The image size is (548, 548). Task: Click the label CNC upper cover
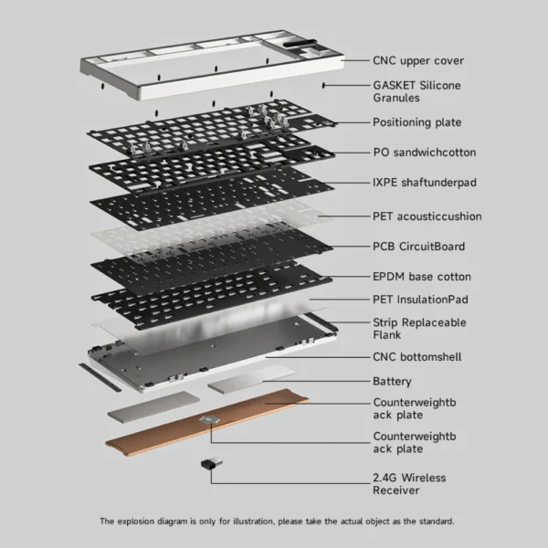tap(418, 61)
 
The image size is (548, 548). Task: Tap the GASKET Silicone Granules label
tap(416, 91)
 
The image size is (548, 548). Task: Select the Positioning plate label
tap(417, 122)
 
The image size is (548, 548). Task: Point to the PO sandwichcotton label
tap(425, 153)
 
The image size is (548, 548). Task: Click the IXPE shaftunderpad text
tap(425, 183)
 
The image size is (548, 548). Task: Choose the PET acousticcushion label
tap(427, 216)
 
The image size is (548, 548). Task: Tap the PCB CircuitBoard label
tap(418, 247)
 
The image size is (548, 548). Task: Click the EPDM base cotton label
tap(421, 277)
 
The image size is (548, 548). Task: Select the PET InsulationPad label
tap(420, 300)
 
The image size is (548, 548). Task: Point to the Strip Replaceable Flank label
tap(419, 329)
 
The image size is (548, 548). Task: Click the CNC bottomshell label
tap(417, 357)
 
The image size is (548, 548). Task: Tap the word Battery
tap(392, 381)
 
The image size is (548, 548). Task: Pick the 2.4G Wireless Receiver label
tap(409, 484)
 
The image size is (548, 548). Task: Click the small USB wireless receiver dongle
tap(212, 464)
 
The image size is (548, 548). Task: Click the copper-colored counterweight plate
tap(207, 422)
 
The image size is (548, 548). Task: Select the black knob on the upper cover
tap(300, 44)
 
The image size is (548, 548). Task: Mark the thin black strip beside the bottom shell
tap(100, 377)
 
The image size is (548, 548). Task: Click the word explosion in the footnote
tap(135, 522)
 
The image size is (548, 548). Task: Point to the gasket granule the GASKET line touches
tap(323, 85)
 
